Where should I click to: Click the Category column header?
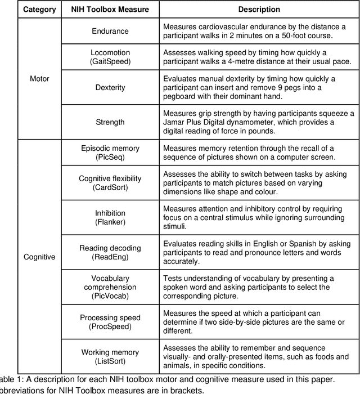(39, 10)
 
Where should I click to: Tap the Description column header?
(258, 10)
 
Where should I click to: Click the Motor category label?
(39, 79)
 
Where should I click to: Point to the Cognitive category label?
(39, 257)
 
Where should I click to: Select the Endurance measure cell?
(110, 30)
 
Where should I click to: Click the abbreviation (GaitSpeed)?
(110, 62)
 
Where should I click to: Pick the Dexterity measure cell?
(110, 88)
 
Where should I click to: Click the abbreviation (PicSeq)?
(110, 157)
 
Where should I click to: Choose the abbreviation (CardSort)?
(110, 187)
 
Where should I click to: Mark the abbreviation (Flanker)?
(110, 222)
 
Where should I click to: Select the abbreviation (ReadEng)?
(110, 257)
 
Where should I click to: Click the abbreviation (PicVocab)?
(110, 296)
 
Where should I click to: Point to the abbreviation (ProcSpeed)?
(110, 327)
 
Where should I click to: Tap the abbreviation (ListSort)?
(110, 361)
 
